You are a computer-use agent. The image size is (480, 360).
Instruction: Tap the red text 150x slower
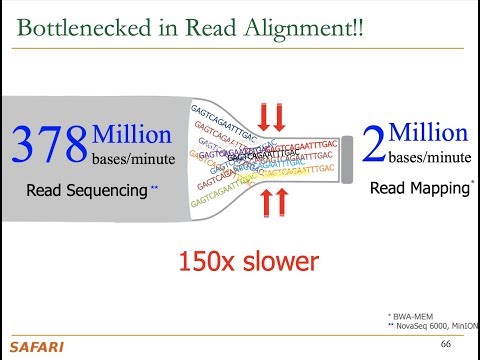248,262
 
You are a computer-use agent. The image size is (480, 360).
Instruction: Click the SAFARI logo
32,347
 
